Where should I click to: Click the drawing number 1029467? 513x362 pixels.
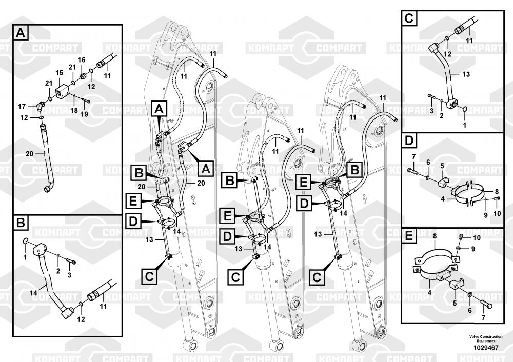pos(482,348)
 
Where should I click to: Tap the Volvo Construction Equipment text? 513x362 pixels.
pos(482,338)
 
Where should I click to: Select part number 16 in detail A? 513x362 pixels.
pos(81,60)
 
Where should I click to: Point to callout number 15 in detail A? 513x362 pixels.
pos(59,72)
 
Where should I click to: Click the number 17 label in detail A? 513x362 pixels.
pos(22,106)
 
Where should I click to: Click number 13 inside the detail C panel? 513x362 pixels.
pos(466,74)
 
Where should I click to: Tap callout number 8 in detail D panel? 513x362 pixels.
pos(496,191)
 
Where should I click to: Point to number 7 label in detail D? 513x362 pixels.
pos(415,156)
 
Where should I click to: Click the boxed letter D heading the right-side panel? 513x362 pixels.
pos(409,140)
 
